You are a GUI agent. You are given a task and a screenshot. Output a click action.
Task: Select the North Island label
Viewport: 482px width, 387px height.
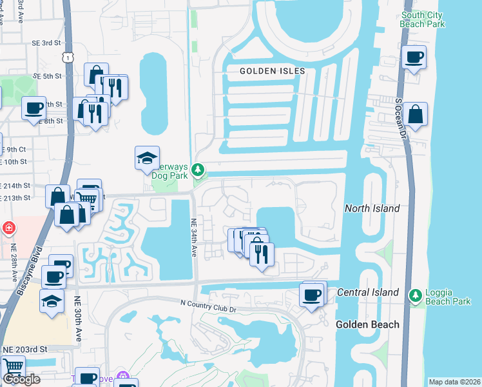[x=372, y=208]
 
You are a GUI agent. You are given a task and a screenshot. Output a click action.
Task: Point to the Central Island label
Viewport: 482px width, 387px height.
[x=368, y=293]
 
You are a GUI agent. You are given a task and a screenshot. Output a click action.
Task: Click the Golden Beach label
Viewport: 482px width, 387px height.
[x=367, y=324]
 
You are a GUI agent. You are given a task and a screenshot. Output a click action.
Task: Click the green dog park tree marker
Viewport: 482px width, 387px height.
[x=199, y=171]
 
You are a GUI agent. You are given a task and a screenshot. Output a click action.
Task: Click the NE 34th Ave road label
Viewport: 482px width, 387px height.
[x=193, y=238]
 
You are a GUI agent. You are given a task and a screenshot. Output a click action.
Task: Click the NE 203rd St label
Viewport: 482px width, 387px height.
[x=25, y=349]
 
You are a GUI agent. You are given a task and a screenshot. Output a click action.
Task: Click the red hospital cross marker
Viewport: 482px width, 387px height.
[x=8, y=228]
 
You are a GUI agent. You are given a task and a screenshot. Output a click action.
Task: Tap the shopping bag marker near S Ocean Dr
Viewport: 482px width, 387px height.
[x=416, y=114]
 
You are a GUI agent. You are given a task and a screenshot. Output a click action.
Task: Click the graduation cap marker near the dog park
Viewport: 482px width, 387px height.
[x=146, y=157]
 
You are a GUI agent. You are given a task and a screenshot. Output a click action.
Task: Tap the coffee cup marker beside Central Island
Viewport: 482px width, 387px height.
[x=313, y=295]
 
